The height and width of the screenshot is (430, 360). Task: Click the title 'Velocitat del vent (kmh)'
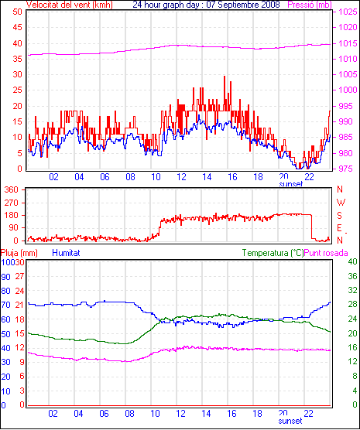[70, 5]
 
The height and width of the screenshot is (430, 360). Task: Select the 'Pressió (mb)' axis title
[310, 5]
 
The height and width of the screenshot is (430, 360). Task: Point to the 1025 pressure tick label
[348, 12]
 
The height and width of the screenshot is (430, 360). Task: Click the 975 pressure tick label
[346, 169]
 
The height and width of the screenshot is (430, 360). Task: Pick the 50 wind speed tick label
[17, 12]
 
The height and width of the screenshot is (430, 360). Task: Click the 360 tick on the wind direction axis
[12, 189]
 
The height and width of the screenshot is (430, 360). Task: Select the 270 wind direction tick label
[12, 203]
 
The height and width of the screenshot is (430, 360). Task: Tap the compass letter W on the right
[341, 203]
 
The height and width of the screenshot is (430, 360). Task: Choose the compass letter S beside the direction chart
[340, 216]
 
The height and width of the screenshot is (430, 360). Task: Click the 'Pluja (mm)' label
[19, 253]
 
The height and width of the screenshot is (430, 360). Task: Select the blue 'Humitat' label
[66, 253]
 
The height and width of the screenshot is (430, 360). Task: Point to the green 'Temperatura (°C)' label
[273, 253]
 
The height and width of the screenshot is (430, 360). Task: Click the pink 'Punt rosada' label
[326, 253]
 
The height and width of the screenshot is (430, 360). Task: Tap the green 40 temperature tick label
[352, 261]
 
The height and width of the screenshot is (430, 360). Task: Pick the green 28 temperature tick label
[352, 304]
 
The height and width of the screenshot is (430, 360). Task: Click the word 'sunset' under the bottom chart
[290, 421]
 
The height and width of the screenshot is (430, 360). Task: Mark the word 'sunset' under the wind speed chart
[291, 184]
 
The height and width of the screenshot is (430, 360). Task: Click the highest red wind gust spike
[225, 77]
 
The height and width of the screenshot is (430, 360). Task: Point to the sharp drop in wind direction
[312, 227]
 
